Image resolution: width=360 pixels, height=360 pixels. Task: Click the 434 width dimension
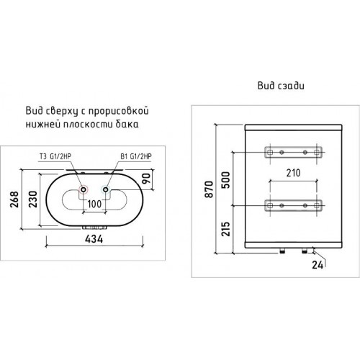[x=94, y=239]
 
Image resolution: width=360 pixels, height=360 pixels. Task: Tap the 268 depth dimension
[x=14, y=199]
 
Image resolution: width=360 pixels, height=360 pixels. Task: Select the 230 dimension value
[x=33, y=199]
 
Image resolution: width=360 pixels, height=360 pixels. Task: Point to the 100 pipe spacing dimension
[x=94, y=204]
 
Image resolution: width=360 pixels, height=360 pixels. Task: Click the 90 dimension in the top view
[x=146, y=179]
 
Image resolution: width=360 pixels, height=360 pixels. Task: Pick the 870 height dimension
[x=209, y=189]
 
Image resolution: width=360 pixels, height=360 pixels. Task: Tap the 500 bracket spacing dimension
[x=225, y=180]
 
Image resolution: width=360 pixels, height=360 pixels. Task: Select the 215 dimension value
[x=225, y=229]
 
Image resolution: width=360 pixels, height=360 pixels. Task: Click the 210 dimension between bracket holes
[x=293, y=173]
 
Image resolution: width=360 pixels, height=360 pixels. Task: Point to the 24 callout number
[x=318, y=265]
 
